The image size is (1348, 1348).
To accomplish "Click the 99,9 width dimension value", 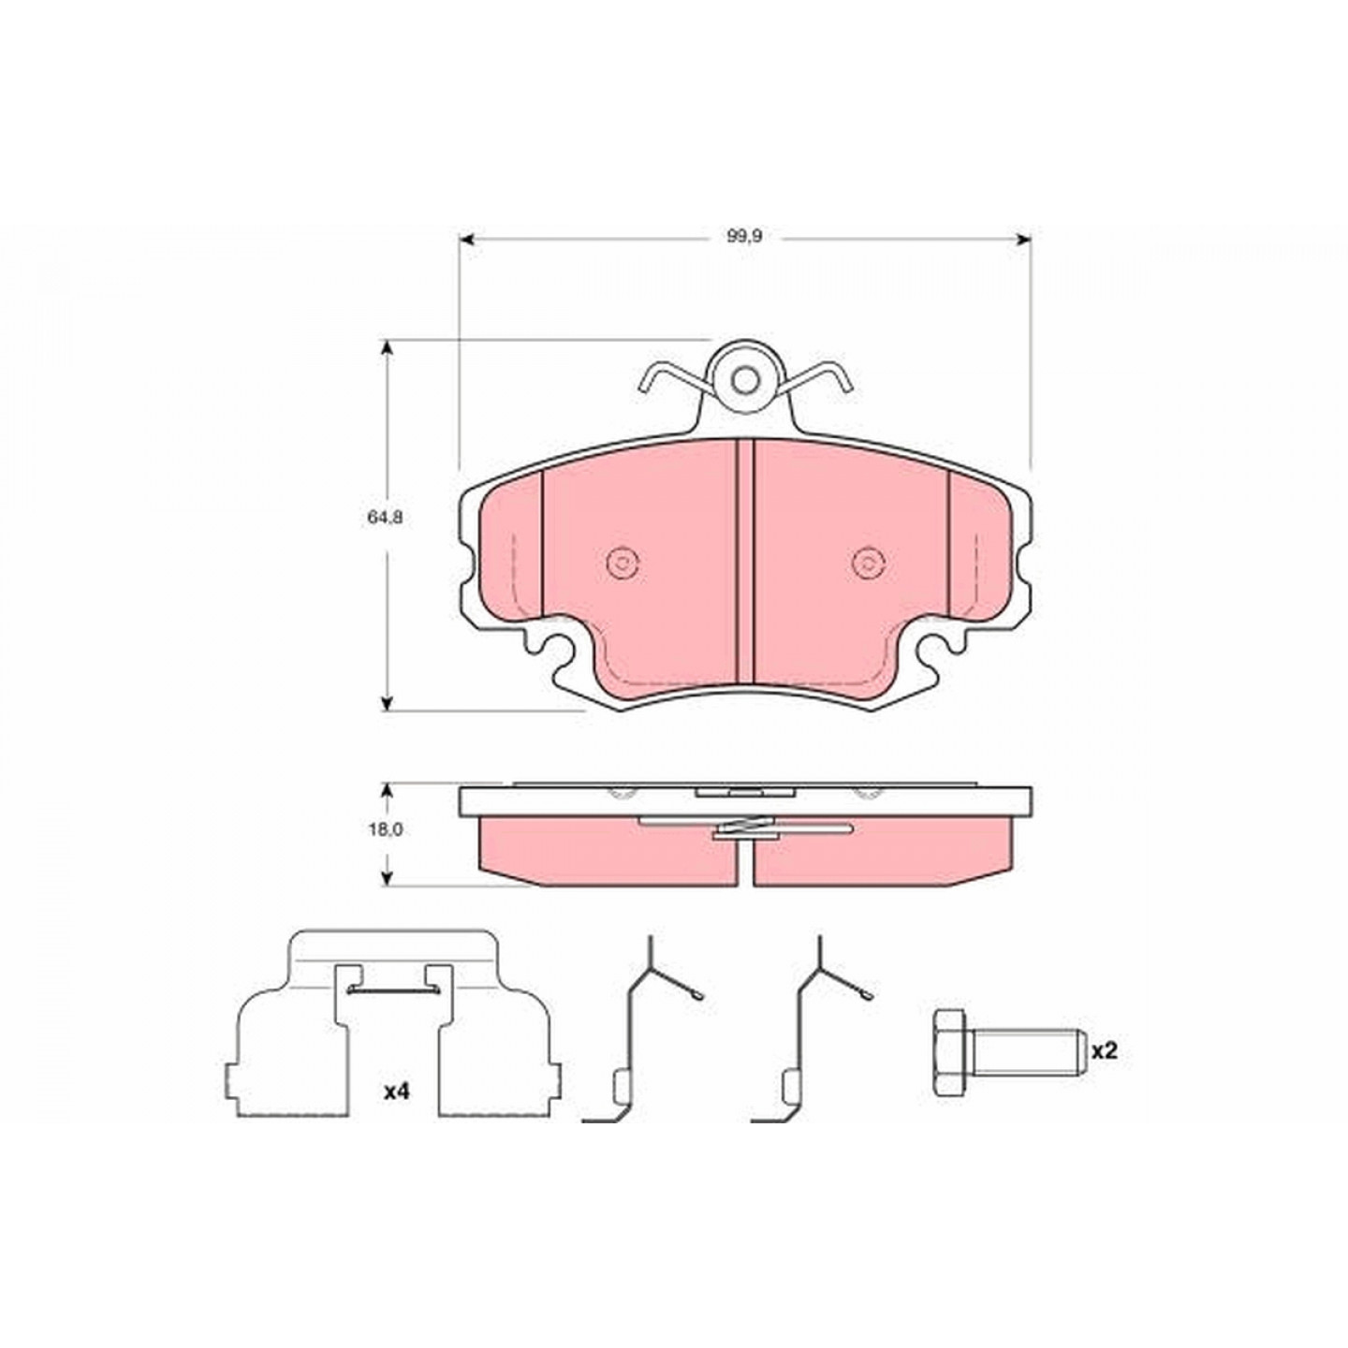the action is pos(744,237).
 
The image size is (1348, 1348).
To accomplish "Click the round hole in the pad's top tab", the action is pos(746,380).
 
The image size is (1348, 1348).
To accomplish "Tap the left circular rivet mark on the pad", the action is pos(622,562).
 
